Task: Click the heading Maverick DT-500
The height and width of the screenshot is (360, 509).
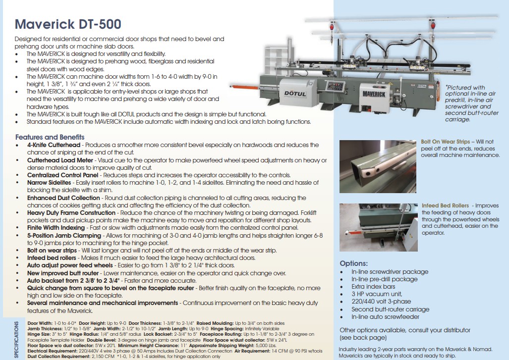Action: (x=68, y=24)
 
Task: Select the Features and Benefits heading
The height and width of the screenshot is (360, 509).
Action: (x=50, y=137)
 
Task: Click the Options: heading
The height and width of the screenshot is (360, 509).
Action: (x=353, y=263)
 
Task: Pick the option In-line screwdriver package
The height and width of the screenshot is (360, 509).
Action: (x=390, y=272)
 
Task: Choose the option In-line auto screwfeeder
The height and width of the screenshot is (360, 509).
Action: (x=386, y=316)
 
